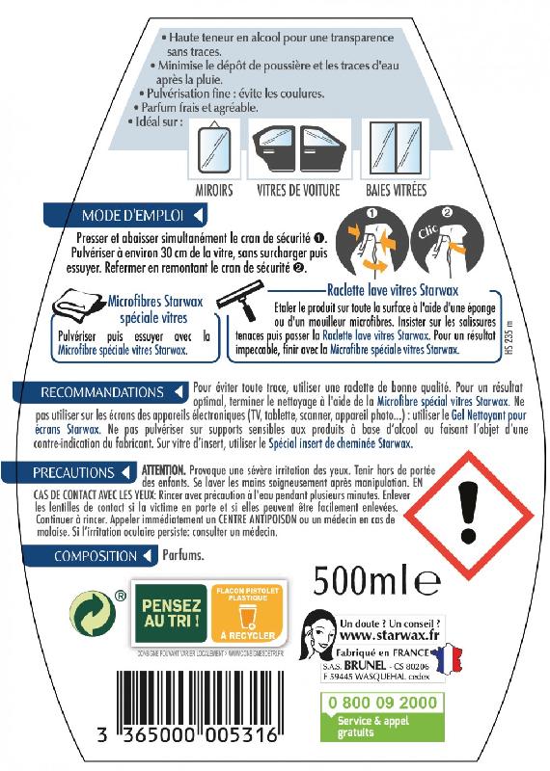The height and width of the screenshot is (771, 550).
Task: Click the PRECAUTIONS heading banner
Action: tap(82, 472)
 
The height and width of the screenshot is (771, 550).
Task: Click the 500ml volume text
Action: tap(377, 581)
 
